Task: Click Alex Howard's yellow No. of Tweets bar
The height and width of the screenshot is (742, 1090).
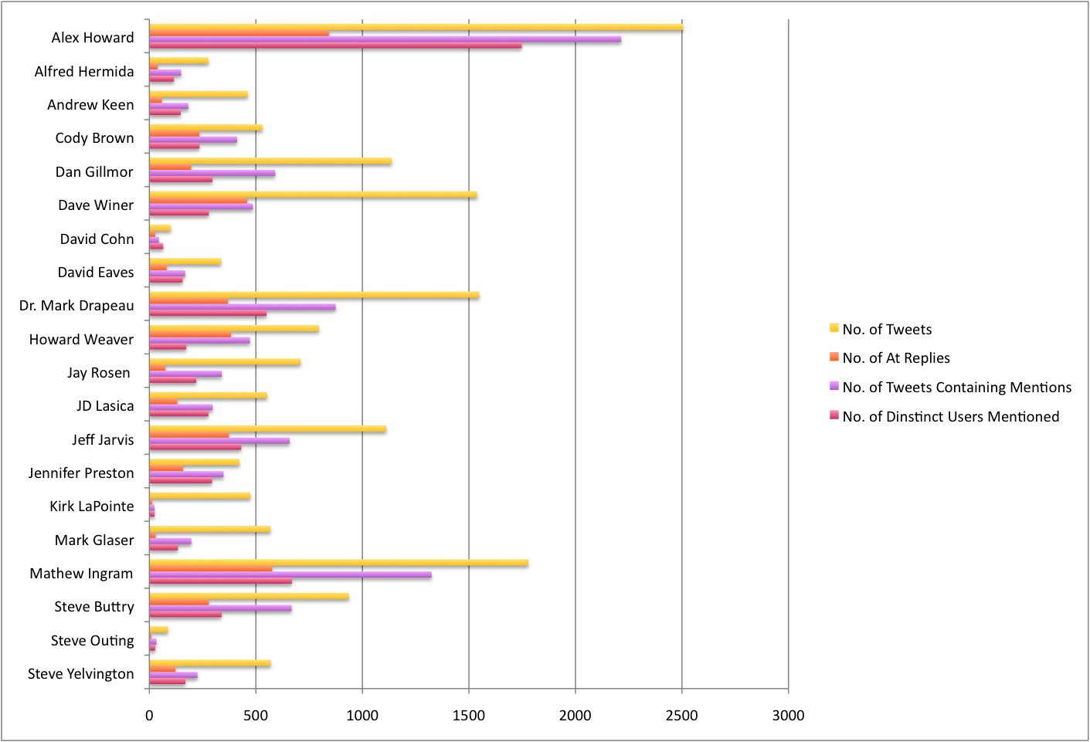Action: tap(416, 28)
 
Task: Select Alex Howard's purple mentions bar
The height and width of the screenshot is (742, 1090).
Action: tap(385, 39)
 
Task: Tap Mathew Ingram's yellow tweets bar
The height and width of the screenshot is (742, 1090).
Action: tap(338, 563)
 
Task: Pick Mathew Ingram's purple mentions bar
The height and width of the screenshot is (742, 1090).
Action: tap(290, 574)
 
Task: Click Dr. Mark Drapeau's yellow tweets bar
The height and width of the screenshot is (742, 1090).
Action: tap(314, 295)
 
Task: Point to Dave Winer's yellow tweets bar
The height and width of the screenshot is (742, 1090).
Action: tap(313, 195)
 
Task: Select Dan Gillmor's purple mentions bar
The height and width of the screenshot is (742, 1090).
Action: tap(212, 173)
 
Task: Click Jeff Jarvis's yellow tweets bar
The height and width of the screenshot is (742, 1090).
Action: tap(267, 429)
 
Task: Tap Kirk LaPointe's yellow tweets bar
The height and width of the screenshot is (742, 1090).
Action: tap(199, 496)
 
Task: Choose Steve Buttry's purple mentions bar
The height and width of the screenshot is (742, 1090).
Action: tap(220, 608)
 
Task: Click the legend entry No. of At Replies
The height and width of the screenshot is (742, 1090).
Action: tap(896, 358)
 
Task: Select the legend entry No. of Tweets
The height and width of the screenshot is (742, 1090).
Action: tap(887, 330)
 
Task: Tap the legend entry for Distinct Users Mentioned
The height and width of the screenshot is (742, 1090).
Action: tap(950, 417)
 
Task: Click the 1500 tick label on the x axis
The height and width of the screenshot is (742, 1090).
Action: tap(468, 716)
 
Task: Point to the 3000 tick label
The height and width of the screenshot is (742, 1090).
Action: tap(788, 716)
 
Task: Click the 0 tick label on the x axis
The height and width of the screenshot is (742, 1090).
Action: tap(149, 716)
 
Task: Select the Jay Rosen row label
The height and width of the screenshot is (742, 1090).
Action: tap(98, 373)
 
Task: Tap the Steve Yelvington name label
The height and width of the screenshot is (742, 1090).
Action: tap(80, 674)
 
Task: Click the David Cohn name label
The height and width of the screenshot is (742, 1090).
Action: tap(97, 239)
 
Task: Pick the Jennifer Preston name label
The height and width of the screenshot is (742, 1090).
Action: tap(80, 473)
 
